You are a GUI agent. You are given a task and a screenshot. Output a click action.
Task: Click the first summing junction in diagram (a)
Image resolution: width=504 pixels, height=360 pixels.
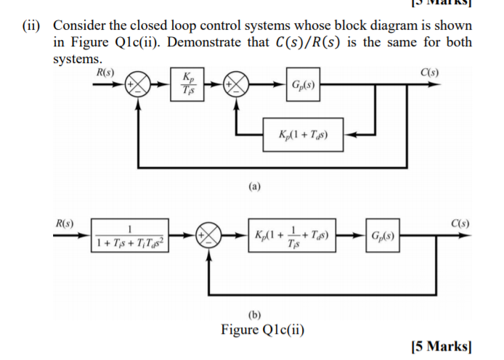pos(140,86)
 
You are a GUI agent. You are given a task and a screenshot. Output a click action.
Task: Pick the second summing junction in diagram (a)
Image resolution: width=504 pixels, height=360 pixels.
pos(239,86)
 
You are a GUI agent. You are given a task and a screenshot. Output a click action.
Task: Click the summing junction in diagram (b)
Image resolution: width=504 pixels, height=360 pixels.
pos(210,237)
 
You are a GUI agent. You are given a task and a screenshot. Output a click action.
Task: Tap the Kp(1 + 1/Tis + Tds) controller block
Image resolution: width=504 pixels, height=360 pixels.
pos(293,237)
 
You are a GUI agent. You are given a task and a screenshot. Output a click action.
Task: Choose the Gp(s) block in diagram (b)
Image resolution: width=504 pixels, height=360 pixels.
pos(383,237)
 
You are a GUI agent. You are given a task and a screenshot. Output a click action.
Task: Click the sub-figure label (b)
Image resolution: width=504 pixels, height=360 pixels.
pos(254,315)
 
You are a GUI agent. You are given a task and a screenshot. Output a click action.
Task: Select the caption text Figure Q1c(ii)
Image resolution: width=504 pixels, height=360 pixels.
pos(263,330)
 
